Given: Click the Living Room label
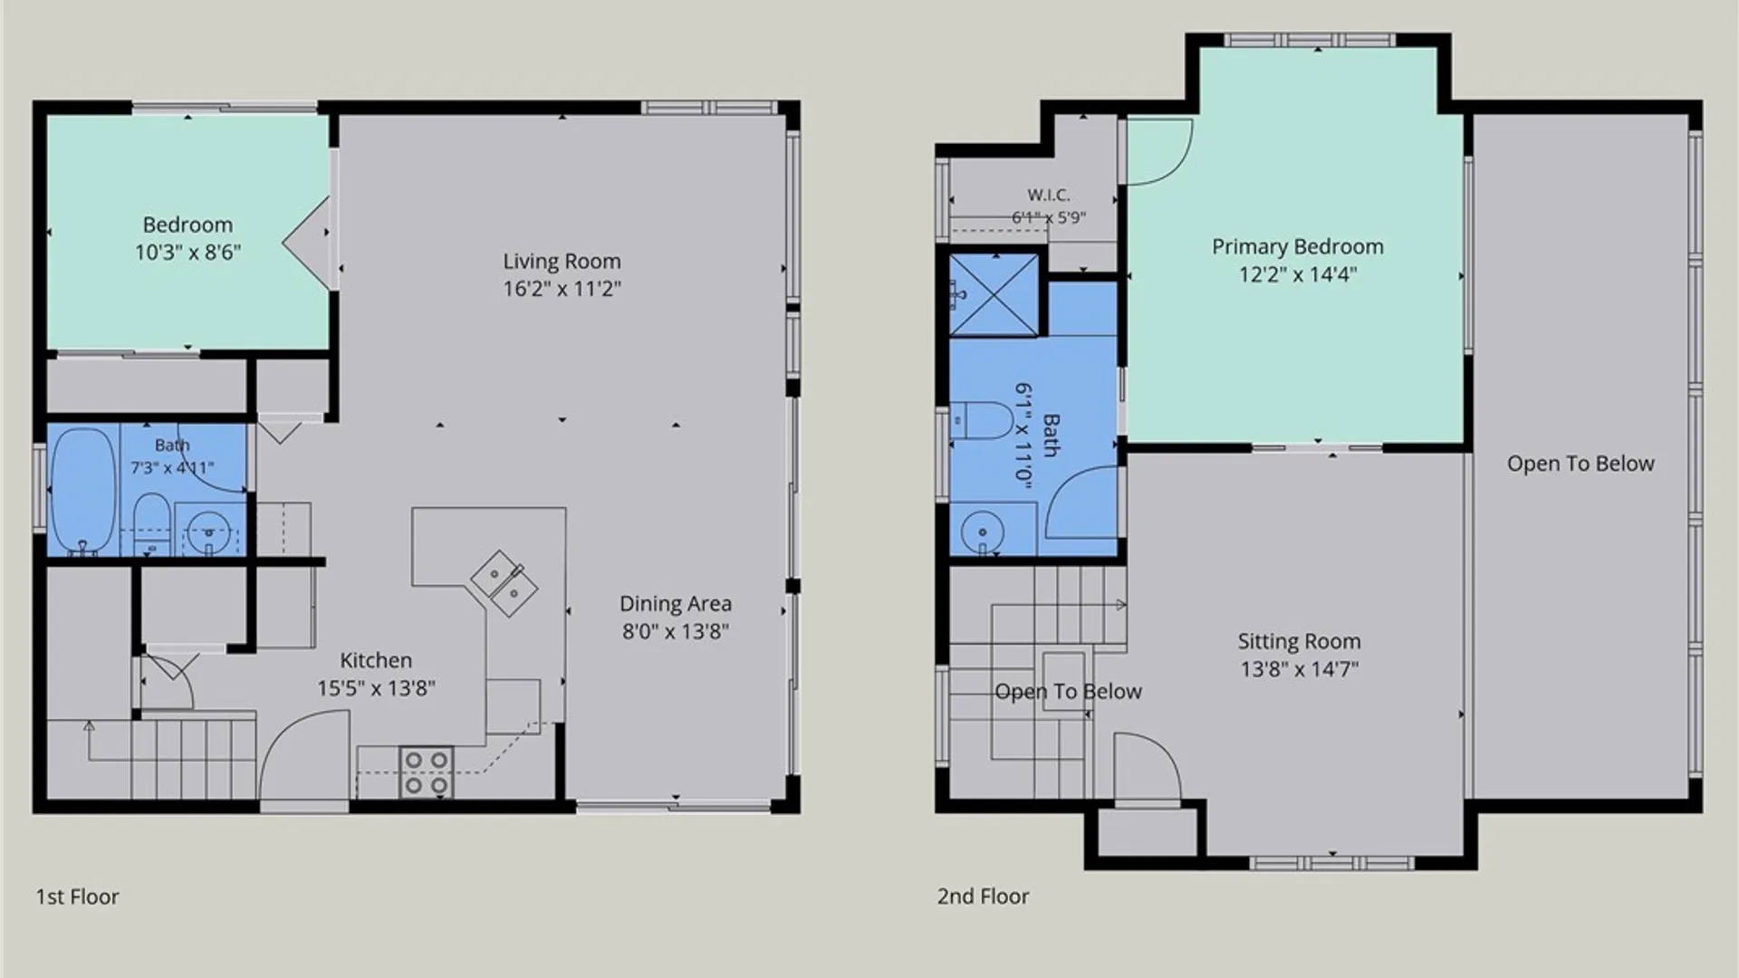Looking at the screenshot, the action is coord(562,262).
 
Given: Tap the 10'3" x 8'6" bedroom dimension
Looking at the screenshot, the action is coord(187,253).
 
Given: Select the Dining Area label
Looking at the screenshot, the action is coord(676,604).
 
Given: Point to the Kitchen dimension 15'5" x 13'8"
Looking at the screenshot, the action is coord(376,688).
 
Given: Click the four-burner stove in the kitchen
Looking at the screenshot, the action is coord(427,772).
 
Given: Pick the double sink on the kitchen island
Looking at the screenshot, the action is coord(504,583).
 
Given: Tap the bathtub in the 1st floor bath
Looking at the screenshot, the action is coord(83,490).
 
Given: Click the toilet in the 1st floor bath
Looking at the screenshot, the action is coord(151,524).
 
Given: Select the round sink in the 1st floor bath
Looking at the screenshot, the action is coord(209,530).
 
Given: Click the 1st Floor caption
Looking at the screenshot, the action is coord(77,896).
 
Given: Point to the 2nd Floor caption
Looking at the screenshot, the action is coord(983,896).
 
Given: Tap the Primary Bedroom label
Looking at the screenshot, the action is coord(1298,247).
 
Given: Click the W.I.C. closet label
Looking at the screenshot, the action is coord(1049,195).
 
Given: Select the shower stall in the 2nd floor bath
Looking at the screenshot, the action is coord(994,295).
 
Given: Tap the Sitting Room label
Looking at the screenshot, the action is coord(1299,642).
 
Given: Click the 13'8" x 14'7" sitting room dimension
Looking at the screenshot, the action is coord(1299,670).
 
